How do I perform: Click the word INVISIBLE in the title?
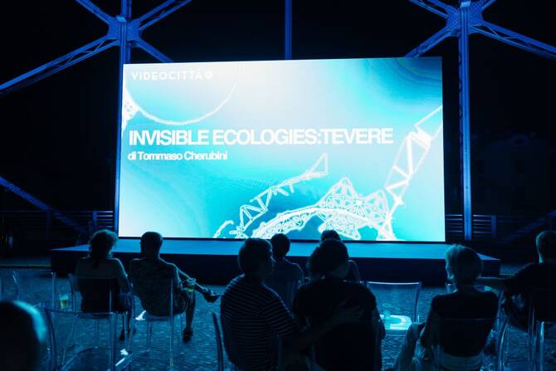(x=168, y=138)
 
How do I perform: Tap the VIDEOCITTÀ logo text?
(x=167, y=76)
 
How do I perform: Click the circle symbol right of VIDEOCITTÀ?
(x=209, y=75)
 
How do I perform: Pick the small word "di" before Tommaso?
(x=132, y=156)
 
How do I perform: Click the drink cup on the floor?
(x=64, y=300)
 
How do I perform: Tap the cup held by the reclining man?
(x=191, y=284)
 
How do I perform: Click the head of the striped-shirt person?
(x=256, y=256)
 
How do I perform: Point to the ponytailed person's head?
(x=104, y=246)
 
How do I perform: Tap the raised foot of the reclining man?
(x=212, y=296)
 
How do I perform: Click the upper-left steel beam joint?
(x=124, y=27)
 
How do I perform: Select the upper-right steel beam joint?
(x=463, y=20)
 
